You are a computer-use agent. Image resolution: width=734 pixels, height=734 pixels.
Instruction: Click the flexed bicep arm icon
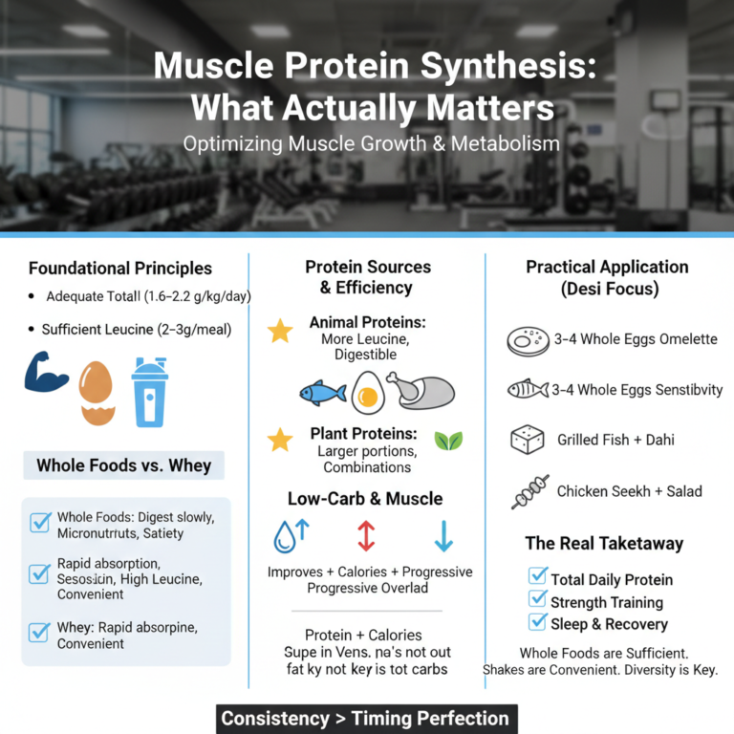click(46, 373)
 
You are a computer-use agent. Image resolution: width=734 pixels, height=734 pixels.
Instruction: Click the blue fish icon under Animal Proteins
click(322, 392)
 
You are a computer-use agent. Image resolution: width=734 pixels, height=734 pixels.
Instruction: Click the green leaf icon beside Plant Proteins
click(447, 441)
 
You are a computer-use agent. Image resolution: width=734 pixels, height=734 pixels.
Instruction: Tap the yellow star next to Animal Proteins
click(280, 332)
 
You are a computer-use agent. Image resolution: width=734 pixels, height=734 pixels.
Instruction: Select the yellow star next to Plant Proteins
click(280, 440)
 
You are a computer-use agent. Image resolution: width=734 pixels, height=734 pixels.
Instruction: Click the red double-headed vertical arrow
click(366, 535)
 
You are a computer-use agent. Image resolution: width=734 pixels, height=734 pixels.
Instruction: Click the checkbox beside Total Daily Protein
click(537, 576)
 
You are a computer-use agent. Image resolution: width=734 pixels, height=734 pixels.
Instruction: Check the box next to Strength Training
click(537, 599)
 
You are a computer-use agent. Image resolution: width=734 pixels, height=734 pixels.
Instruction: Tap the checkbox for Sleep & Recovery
click(537, 622)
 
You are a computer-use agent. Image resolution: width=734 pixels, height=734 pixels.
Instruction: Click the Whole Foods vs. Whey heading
click(124, 466)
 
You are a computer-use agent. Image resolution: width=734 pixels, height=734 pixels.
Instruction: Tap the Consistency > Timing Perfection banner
click(365, 718)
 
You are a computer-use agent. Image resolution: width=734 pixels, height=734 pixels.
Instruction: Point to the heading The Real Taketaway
click(604, 543)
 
